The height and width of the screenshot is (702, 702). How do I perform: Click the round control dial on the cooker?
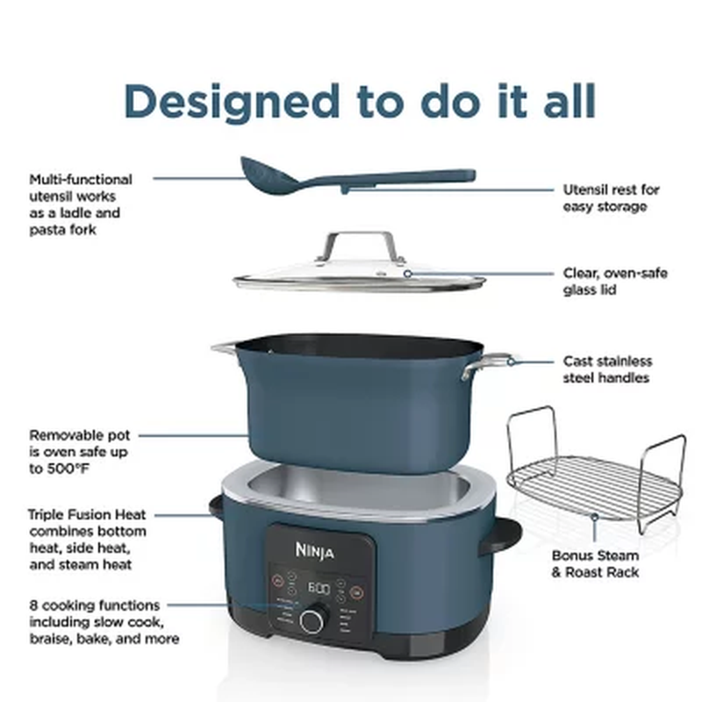pyautogui.click(x=312, y=620)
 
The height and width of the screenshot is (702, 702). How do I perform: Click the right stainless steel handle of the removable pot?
pyautogui.click(x=488, y=362)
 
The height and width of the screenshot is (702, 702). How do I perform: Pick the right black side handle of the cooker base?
pyautogui.click(x=501, y=535)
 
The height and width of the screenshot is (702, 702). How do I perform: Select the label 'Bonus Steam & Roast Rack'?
pyautogui.click(x=595, y=563)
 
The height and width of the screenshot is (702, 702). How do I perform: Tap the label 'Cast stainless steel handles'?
pyautogui.click(x=607, y=369)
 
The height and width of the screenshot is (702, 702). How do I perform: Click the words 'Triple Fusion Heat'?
pyautogui.click(x=87, y=515)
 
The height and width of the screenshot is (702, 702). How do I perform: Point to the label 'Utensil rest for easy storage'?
pyautogui.click(x=611, y=197)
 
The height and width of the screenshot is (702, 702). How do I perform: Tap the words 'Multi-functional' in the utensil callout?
pyautogui.click(x=80, y=179)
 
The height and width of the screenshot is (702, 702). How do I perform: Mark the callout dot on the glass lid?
pyautogui.click(x=407, y=273)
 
